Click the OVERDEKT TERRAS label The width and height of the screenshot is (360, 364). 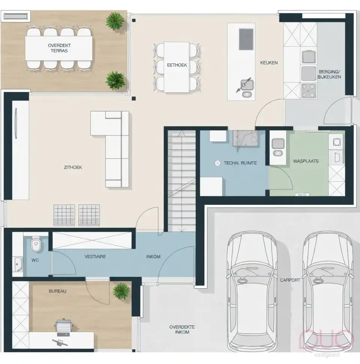tap(59, 48)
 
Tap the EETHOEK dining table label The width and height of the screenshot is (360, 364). tap(177, 65)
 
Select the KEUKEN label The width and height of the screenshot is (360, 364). tap(269, 63)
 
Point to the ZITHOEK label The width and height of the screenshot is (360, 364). tap(73, 167)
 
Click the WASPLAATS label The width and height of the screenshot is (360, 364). tap(306, 161)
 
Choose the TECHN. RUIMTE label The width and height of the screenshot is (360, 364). tap(240, 163)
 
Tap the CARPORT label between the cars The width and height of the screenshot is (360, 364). tap(290, 280)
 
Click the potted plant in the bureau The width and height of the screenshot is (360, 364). tap(121, 290)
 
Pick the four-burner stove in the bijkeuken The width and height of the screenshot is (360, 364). tap(309, 90)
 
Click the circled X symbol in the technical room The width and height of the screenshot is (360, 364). tap(217, 163)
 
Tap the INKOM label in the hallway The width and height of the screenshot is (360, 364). tap(153, 257)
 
